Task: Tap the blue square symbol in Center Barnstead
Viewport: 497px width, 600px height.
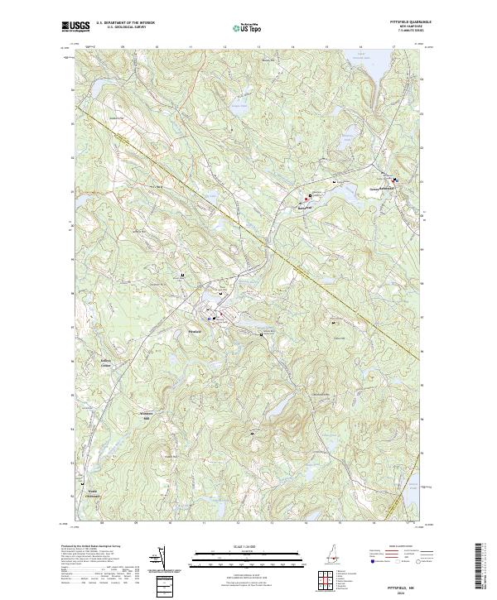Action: pyautogui.click(x=394, y=180)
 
